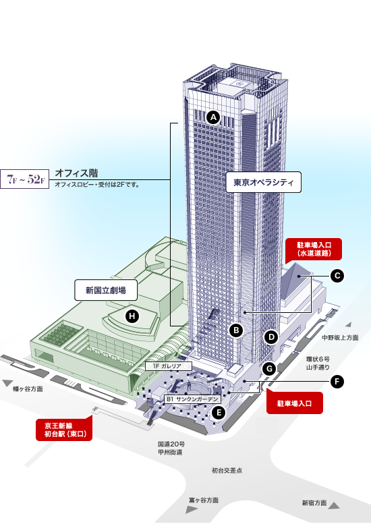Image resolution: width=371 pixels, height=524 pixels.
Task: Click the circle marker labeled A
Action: [213, 117]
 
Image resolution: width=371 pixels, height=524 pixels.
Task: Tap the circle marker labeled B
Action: [236, 330]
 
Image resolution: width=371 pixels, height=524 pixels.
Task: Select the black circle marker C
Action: [337, 276]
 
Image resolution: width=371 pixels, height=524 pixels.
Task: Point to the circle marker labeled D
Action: [271, 337]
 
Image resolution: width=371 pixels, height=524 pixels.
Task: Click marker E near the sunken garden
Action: [219, 413]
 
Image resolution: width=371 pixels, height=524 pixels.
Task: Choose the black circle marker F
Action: [337, 382]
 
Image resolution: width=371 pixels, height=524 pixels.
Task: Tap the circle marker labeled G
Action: [269, 369]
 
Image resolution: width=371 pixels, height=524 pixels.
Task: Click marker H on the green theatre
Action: [132, 316]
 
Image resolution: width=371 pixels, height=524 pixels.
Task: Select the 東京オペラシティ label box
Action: [263, 183]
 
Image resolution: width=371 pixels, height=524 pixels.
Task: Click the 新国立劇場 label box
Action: [106, 290]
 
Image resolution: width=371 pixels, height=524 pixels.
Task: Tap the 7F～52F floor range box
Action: [25, 179]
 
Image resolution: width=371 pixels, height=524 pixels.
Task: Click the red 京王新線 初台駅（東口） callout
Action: [64, 429]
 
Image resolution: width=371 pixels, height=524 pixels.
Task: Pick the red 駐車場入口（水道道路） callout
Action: [314, 250]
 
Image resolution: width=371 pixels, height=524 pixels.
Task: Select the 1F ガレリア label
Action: [169, 366]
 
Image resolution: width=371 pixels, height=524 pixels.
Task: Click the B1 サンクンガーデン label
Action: [192, 399]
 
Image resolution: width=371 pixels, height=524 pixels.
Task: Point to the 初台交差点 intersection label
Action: [227, 470]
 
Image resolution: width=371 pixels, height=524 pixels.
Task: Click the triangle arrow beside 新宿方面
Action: [334, 505]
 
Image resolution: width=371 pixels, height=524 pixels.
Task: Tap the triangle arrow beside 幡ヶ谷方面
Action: [7, 383]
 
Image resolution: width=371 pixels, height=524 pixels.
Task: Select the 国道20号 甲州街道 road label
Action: [171, 448]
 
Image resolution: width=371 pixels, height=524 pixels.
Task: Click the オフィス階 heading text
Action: [76, 173]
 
